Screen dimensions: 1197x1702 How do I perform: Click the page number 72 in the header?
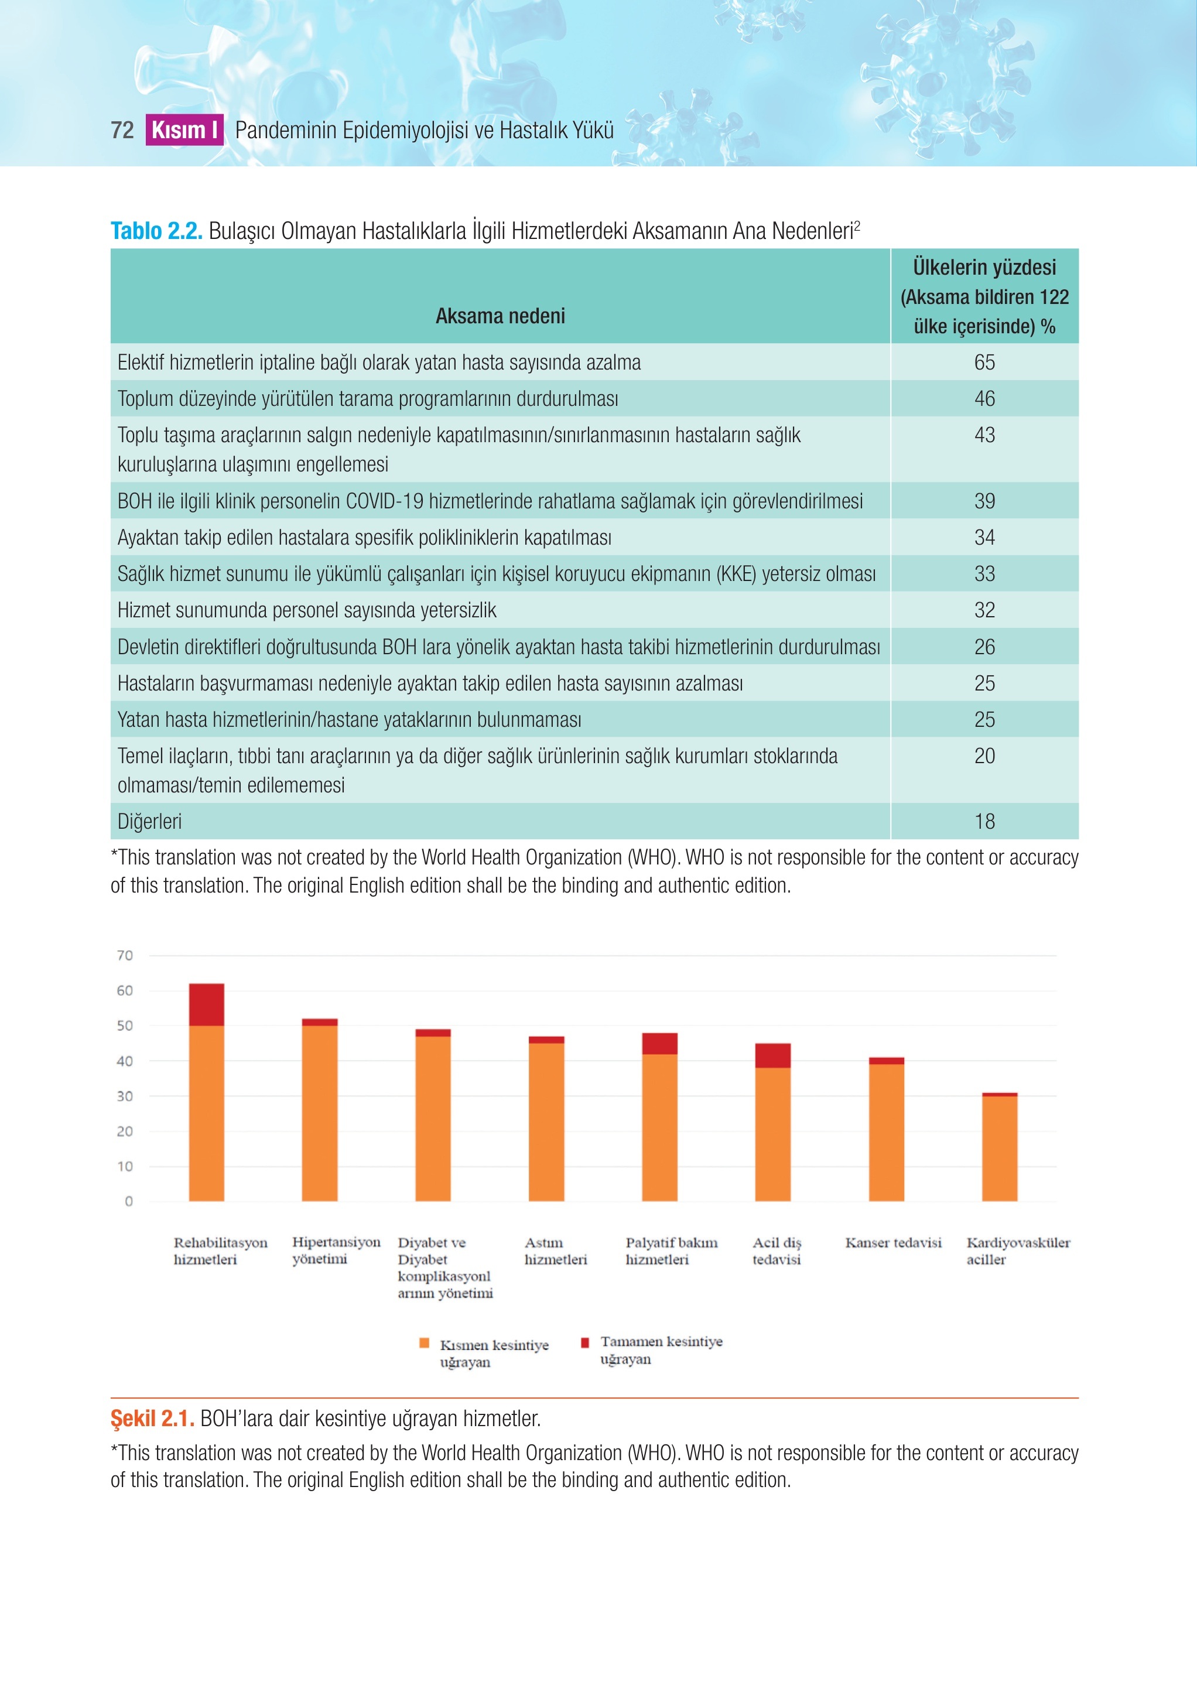click(122, 131)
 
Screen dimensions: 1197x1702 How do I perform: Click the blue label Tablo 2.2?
click(156, 231)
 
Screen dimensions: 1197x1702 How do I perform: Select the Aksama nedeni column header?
click(500, 316)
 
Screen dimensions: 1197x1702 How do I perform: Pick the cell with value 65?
click(984, 362)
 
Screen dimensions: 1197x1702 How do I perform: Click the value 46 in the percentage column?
click(984, 399)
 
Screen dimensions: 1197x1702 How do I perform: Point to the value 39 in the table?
click(984, 501)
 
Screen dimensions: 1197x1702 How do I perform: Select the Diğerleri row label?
click(150, 821)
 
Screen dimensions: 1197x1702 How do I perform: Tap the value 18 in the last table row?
click(984, 821)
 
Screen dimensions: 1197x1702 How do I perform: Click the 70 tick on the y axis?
click(125, 955)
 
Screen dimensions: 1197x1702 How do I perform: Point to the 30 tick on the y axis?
click(125, 1096)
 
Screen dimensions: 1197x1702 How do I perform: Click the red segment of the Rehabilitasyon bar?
click(207, 1004)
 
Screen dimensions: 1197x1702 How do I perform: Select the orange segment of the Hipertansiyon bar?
click(319, 1113)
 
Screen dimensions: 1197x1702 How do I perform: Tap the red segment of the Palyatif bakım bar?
click(659, 1044)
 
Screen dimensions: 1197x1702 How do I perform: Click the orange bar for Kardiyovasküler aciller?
click(1000, 1149)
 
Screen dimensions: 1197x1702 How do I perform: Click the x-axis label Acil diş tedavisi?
click(777, 1251)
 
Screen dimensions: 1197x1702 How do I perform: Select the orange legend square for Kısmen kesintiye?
click(425, 1342)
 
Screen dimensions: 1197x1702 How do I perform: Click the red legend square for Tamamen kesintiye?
click(585, 1342)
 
